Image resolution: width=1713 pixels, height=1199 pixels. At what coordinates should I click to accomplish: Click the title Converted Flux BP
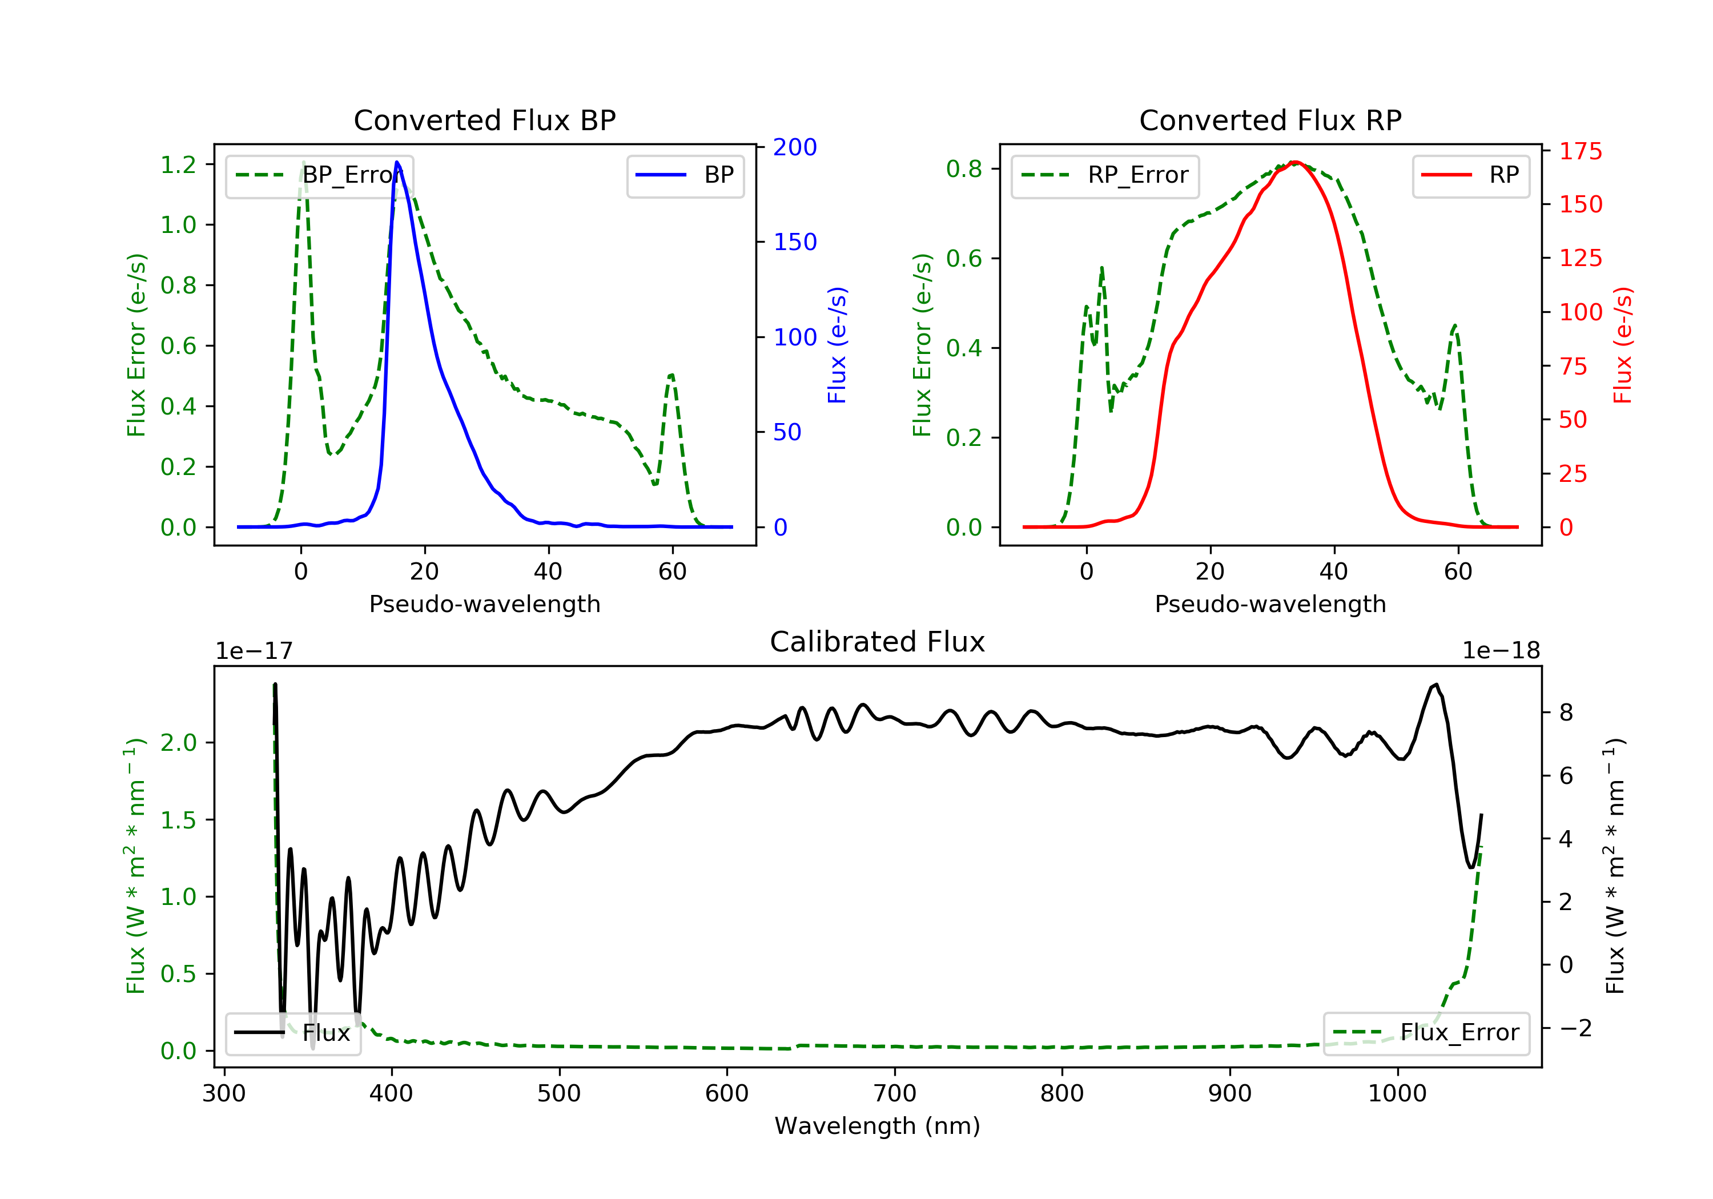point(485,120)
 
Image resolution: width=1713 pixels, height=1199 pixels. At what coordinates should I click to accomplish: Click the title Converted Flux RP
point(1270,120)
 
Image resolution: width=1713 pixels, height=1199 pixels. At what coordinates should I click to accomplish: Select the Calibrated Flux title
point(878,642)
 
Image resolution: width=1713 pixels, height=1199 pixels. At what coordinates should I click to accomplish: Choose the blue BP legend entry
point(685,175)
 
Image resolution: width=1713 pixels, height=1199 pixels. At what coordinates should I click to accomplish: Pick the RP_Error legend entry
point(1105,175)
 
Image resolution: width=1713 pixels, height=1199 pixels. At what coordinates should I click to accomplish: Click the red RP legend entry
point(1470,175)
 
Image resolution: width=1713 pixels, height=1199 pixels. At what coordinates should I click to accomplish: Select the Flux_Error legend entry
point(1426,1033)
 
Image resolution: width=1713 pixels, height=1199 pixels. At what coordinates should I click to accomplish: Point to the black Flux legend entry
point(292,1033)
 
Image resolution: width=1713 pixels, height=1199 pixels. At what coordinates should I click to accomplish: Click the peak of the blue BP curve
point(397,162)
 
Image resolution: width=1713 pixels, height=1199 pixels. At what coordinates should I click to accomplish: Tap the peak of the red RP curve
point(1295,162)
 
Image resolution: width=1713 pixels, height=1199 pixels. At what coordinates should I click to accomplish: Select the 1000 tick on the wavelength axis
point(1397,1094)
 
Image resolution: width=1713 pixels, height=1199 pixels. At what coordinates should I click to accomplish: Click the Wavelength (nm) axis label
point(878,1126)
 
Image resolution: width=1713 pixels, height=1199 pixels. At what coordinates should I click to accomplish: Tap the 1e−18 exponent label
point(1501,651)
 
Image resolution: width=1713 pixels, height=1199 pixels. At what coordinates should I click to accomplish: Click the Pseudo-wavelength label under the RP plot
point(1270,604)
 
